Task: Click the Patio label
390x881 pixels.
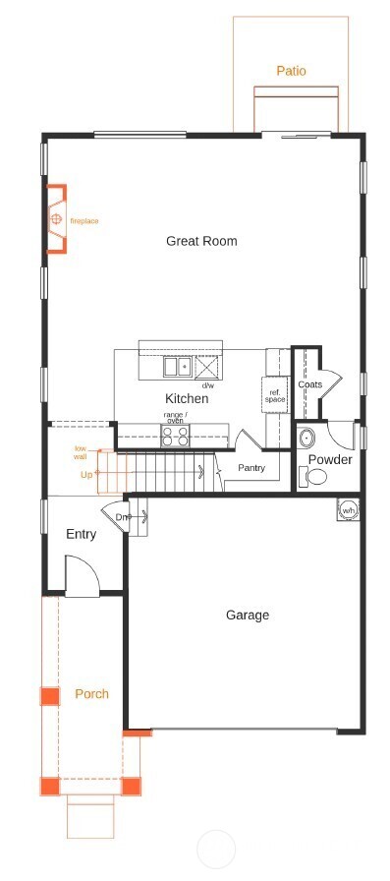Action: pos(291,71)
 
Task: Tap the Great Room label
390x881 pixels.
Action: pos(201,241)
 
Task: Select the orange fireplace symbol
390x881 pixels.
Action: pos(57,218)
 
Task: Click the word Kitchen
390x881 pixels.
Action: pos(186,399)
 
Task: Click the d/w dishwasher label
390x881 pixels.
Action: pos(208,385)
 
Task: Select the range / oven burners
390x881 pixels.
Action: pos(175,436)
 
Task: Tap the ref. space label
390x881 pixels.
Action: pos(275,396)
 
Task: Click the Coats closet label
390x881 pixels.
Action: pos(310,384)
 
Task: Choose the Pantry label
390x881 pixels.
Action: pos(251,468)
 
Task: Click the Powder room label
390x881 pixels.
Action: pos(330,460)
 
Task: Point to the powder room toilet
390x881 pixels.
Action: pos(316,477)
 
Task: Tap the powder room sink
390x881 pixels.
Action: pos(306,438)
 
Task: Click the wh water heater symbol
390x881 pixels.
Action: pos(349,511)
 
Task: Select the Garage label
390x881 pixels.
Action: pos(248,616)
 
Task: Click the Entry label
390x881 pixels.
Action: pos(81,535)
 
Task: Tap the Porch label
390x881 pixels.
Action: pos(91,694)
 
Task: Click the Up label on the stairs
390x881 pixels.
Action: pos(86,475)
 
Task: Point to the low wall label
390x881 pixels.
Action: pos(81,452)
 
